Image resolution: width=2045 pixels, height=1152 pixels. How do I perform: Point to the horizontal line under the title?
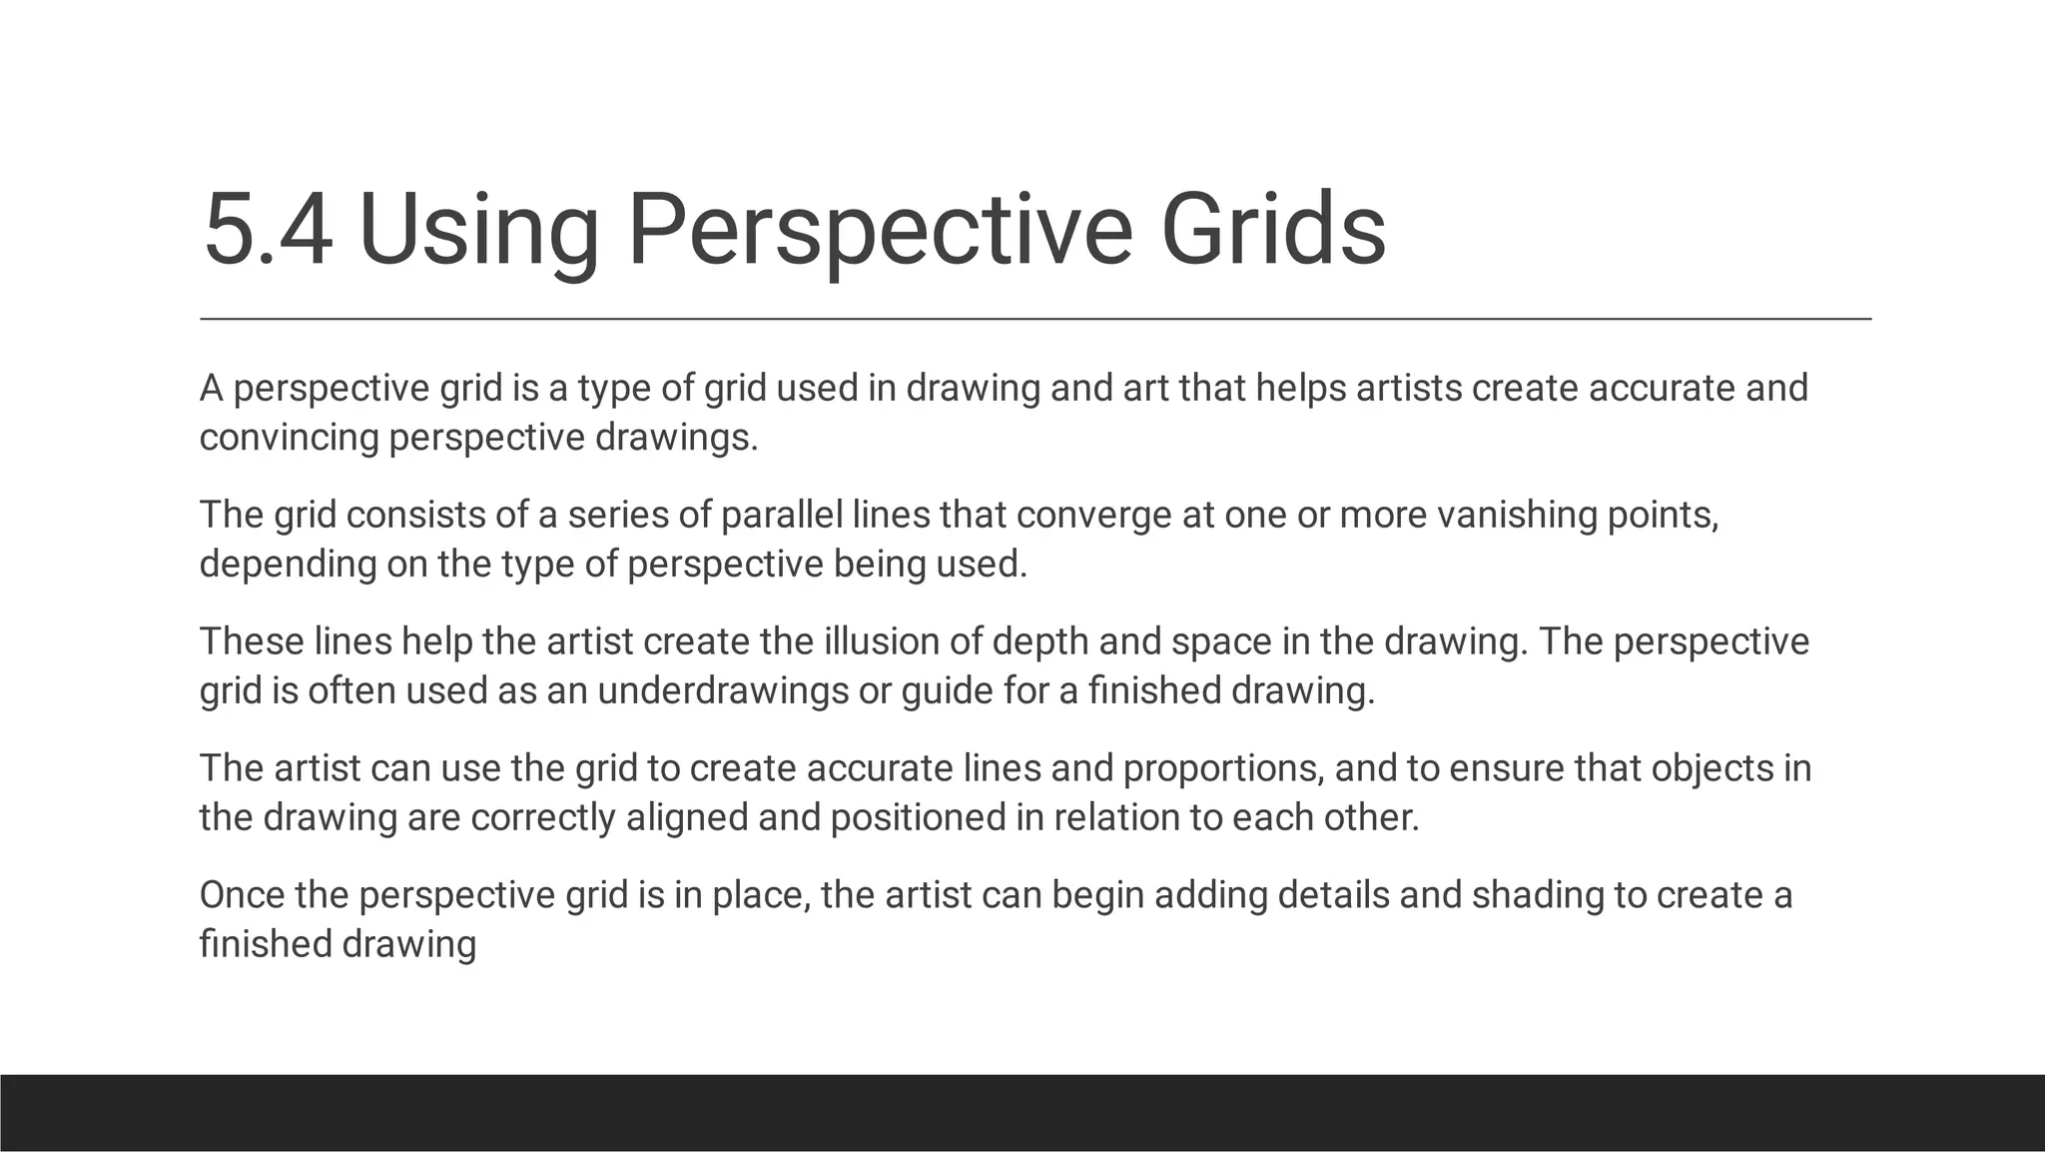1035,319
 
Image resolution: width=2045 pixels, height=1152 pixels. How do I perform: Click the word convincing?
289,438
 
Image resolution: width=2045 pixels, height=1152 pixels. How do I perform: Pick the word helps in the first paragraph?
1301,388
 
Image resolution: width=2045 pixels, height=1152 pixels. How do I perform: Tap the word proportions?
1224,769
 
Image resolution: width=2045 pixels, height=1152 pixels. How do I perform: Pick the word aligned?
688,818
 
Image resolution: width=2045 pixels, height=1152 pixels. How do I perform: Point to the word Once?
243,895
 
